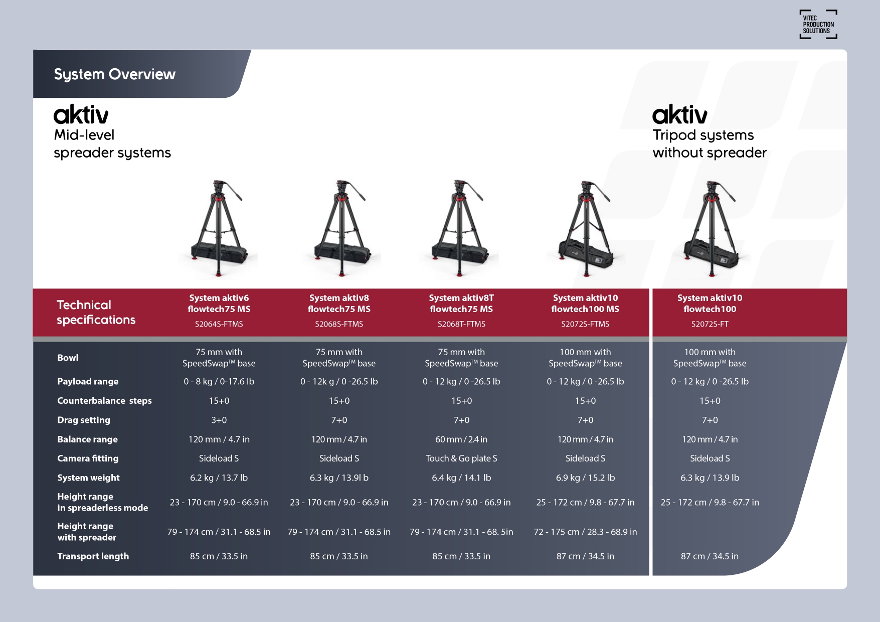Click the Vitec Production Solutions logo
(818, 24)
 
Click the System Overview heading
(115, 74)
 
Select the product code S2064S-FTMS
(219, 324)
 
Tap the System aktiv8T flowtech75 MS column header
(461, 303)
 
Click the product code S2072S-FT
(710, 324)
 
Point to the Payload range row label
(88, 381)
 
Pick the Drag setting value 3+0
(219, 420)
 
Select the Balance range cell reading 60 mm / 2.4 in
(461, 439)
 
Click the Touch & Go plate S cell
(461, 458)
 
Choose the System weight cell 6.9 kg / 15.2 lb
(585, 478)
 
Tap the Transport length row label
(93, 556)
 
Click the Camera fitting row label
(88, 458)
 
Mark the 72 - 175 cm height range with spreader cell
(585, 532)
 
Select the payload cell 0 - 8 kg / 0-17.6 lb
(219, 381)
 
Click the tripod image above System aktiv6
(219, 228)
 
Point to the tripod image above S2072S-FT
(711, 228)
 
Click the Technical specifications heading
(96, 312)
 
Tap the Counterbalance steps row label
(104, 401)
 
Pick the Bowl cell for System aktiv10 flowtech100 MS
(585, 358)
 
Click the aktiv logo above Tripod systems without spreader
(680, 114)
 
